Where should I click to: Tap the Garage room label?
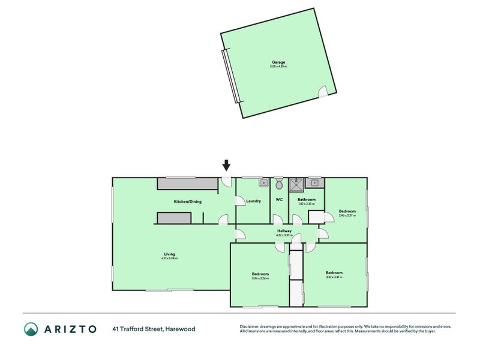tap(278, 62)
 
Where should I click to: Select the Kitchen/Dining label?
tap(187, 202)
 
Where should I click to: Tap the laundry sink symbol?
tap(263, 182)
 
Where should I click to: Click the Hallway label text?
tap(284, 231)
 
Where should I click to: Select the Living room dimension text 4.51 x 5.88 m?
tap(169, 258)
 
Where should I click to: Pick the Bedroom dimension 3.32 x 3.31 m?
tap(334, 277)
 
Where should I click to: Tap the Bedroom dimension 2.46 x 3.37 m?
tap(347, 215)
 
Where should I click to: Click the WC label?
tap(279, 200)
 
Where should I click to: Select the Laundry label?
tap(253, 201)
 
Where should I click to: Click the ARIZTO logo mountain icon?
tap(31, 329)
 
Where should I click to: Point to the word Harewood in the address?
tap(182, 329)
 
